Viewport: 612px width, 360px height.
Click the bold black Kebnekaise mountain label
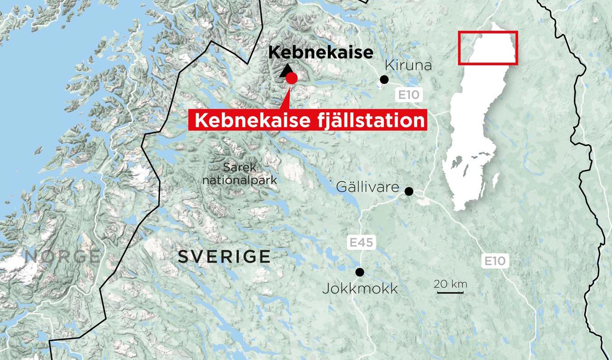tap(320, 52)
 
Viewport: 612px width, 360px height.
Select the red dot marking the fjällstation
tap(292, 79)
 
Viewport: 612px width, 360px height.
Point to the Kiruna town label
tap(408, 65)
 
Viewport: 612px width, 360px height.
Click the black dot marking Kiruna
tap(384, 80)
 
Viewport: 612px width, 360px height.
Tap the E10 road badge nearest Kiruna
tap(408, 95)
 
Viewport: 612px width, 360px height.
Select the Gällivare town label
tap(367, 187)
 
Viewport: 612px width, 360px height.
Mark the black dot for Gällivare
tap(409, 191)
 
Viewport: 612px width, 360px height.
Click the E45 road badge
tap(361, 242)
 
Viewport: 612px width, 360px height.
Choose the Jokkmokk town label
tap(360, 289)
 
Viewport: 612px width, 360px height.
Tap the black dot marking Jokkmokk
tap(360, 272)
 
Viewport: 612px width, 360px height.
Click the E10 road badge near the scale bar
tap(495, 261)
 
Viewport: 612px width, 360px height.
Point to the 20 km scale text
tap(450, 284)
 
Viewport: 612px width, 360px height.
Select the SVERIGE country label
tap(224, 257)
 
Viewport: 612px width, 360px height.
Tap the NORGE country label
tap(62, 256)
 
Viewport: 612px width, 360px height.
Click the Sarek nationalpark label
tap(240, 173)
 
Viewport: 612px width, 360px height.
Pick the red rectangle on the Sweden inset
tap(488, 48)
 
